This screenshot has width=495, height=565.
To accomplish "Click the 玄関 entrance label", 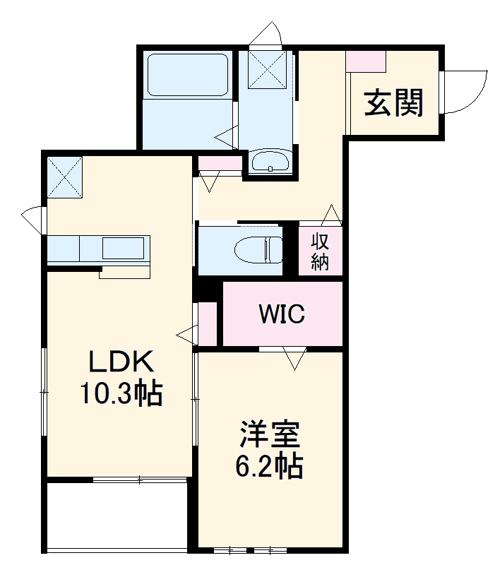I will [394, 104].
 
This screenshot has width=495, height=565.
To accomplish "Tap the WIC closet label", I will [281, 314].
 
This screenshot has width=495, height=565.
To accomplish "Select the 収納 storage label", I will [321, 251].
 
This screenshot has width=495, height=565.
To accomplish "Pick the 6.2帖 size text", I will [269, 466].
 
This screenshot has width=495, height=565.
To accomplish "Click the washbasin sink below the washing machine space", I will [269, 162].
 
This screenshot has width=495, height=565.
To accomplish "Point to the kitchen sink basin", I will [124, 249].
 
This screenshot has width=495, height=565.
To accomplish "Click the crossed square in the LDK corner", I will [65, 177].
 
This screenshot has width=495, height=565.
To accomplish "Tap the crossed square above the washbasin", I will [266, 69].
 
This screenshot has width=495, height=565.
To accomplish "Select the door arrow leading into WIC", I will [293, 359].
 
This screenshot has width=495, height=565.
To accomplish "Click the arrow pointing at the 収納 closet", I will [332, 214].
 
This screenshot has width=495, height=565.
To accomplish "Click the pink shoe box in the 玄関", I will [366, 61].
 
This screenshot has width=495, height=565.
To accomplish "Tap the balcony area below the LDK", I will [117, 516].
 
